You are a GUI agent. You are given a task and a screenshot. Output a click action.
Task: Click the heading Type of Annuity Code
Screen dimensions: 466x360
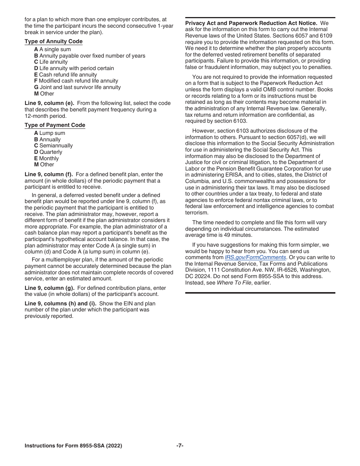(53, 41)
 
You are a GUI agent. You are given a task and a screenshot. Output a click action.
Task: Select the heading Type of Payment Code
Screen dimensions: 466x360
(55, 125)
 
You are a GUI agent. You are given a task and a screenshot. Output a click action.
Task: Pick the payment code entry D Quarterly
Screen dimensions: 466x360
(48, 152)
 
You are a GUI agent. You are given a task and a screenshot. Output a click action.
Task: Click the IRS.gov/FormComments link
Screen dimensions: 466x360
(255, 257)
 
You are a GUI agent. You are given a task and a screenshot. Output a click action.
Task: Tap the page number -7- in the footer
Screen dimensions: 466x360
(180, 446)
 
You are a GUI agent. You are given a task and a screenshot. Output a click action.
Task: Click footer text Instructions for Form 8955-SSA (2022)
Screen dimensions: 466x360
(73, 446)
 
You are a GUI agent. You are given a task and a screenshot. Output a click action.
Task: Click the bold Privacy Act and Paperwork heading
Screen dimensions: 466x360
(251, 23)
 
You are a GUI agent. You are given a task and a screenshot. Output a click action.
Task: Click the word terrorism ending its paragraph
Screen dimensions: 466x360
(197, 213)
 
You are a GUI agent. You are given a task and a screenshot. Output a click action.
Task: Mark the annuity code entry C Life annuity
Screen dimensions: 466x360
(51, 62)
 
